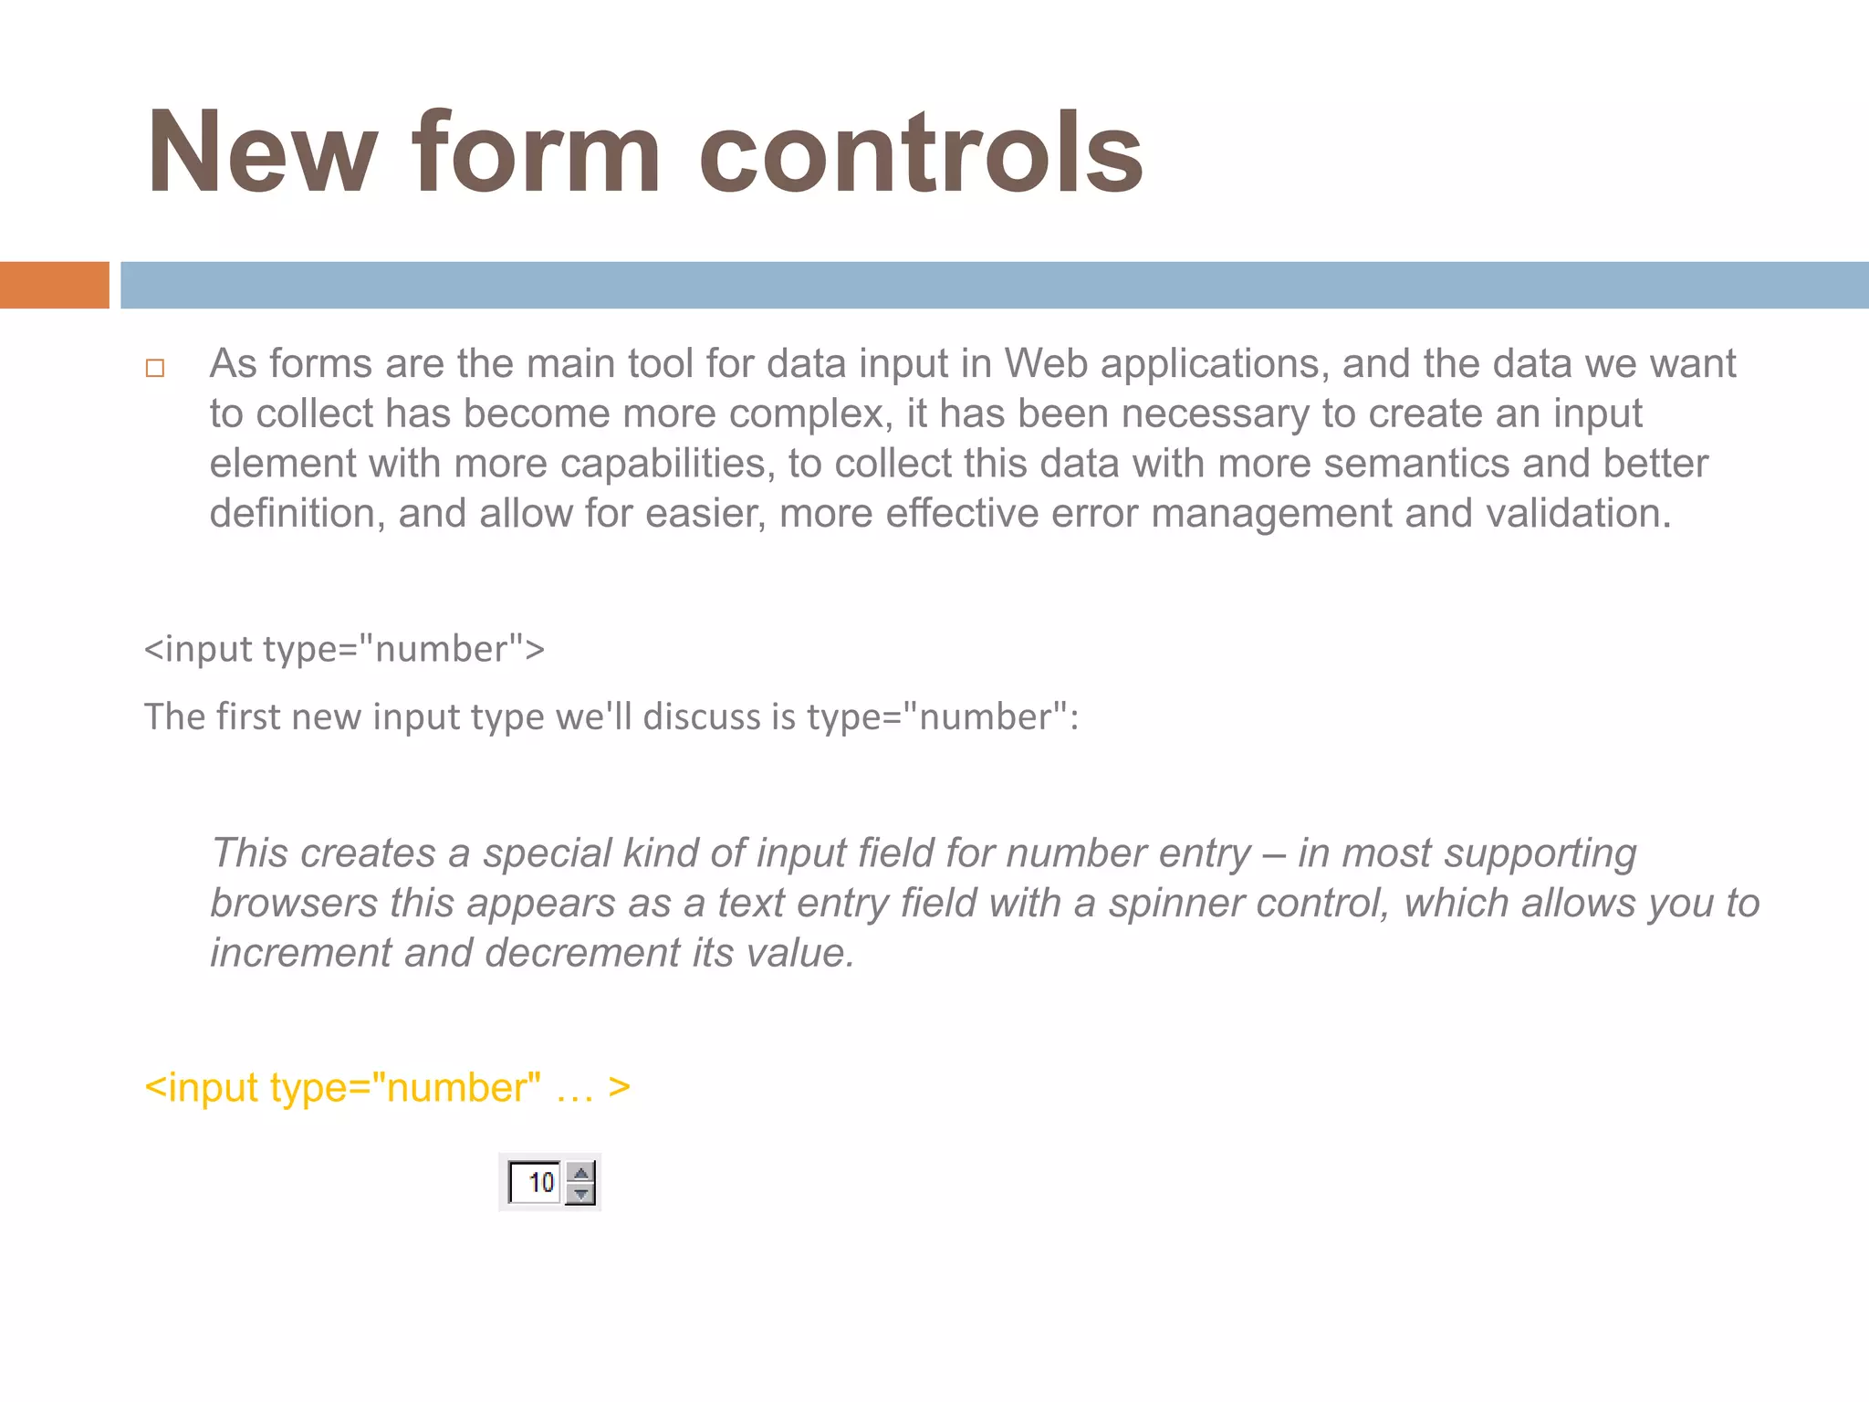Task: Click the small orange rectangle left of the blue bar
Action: click(x=54, y=285)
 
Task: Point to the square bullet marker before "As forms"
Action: click(x=155, y=368)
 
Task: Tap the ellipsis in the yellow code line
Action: click(x=575, y=1089)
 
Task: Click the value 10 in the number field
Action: click(x=541, y=1183)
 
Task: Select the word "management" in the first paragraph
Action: click(x=1271, y=513)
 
